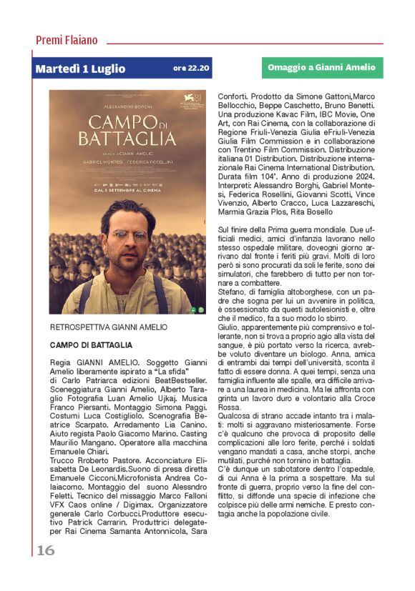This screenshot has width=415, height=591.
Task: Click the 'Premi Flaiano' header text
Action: pyautogui.click(x=67, y=40)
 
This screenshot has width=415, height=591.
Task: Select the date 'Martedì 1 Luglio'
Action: pyautogui.click(x=80, y=69)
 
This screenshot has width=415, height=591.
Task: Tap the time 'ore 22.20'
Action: pyautogui.click(x=191, y=69)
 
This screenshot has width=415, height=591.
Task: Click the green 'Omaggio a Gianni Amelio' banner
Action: pyautogui.click(x=321, y=68)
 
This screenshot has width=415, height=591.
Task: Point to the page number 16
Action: pyautogui.click(x=45, y=550)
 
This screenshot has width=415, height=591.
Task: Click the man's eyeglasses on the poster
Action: pyautogui.click(x=130, y=234)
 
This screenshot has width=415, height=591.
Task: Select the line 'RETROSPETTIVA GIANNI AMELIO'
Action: pyautogui.click(x=108, y=327)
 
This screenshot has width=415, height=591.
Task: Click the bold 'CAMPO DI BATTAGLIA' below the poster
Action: pyautogui.click(x=91, y=345)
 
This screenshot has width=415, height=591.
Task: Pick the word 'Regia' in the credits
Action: pyautogui.click(x=60, y=364)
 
